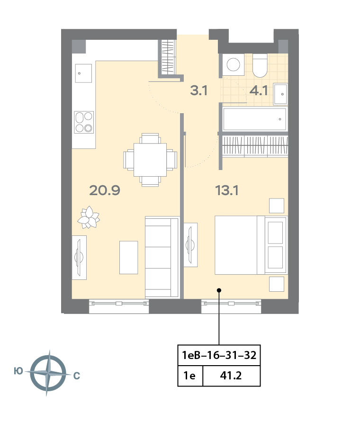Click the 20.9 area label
pos(105,190)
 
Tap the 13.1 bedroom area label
pos(227,190)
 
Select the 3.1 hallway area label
pos(199,90)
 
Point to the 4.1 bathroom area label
pos(259,90)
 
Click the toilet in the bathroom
pos(260,65)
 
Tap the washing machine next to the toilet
pos(233,64)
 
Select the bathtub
pos(254,119)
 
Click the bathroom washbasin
pos(280,94)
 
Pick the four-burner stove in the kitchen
pos(84,122)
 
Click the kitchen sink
pos(83,73)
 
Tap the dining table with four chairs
pos(150,160)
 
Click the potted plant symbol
pos(89,217)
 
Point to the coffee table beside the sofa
pos(129,258)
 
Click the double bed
pos(251,245)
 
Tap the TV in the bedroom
pos(190,245)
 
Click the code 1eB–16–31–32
pos(219,355)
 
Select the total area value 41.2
pos(231,376)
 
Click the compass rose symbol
pos(48,373)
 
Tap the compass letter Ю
pos(18,371)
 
